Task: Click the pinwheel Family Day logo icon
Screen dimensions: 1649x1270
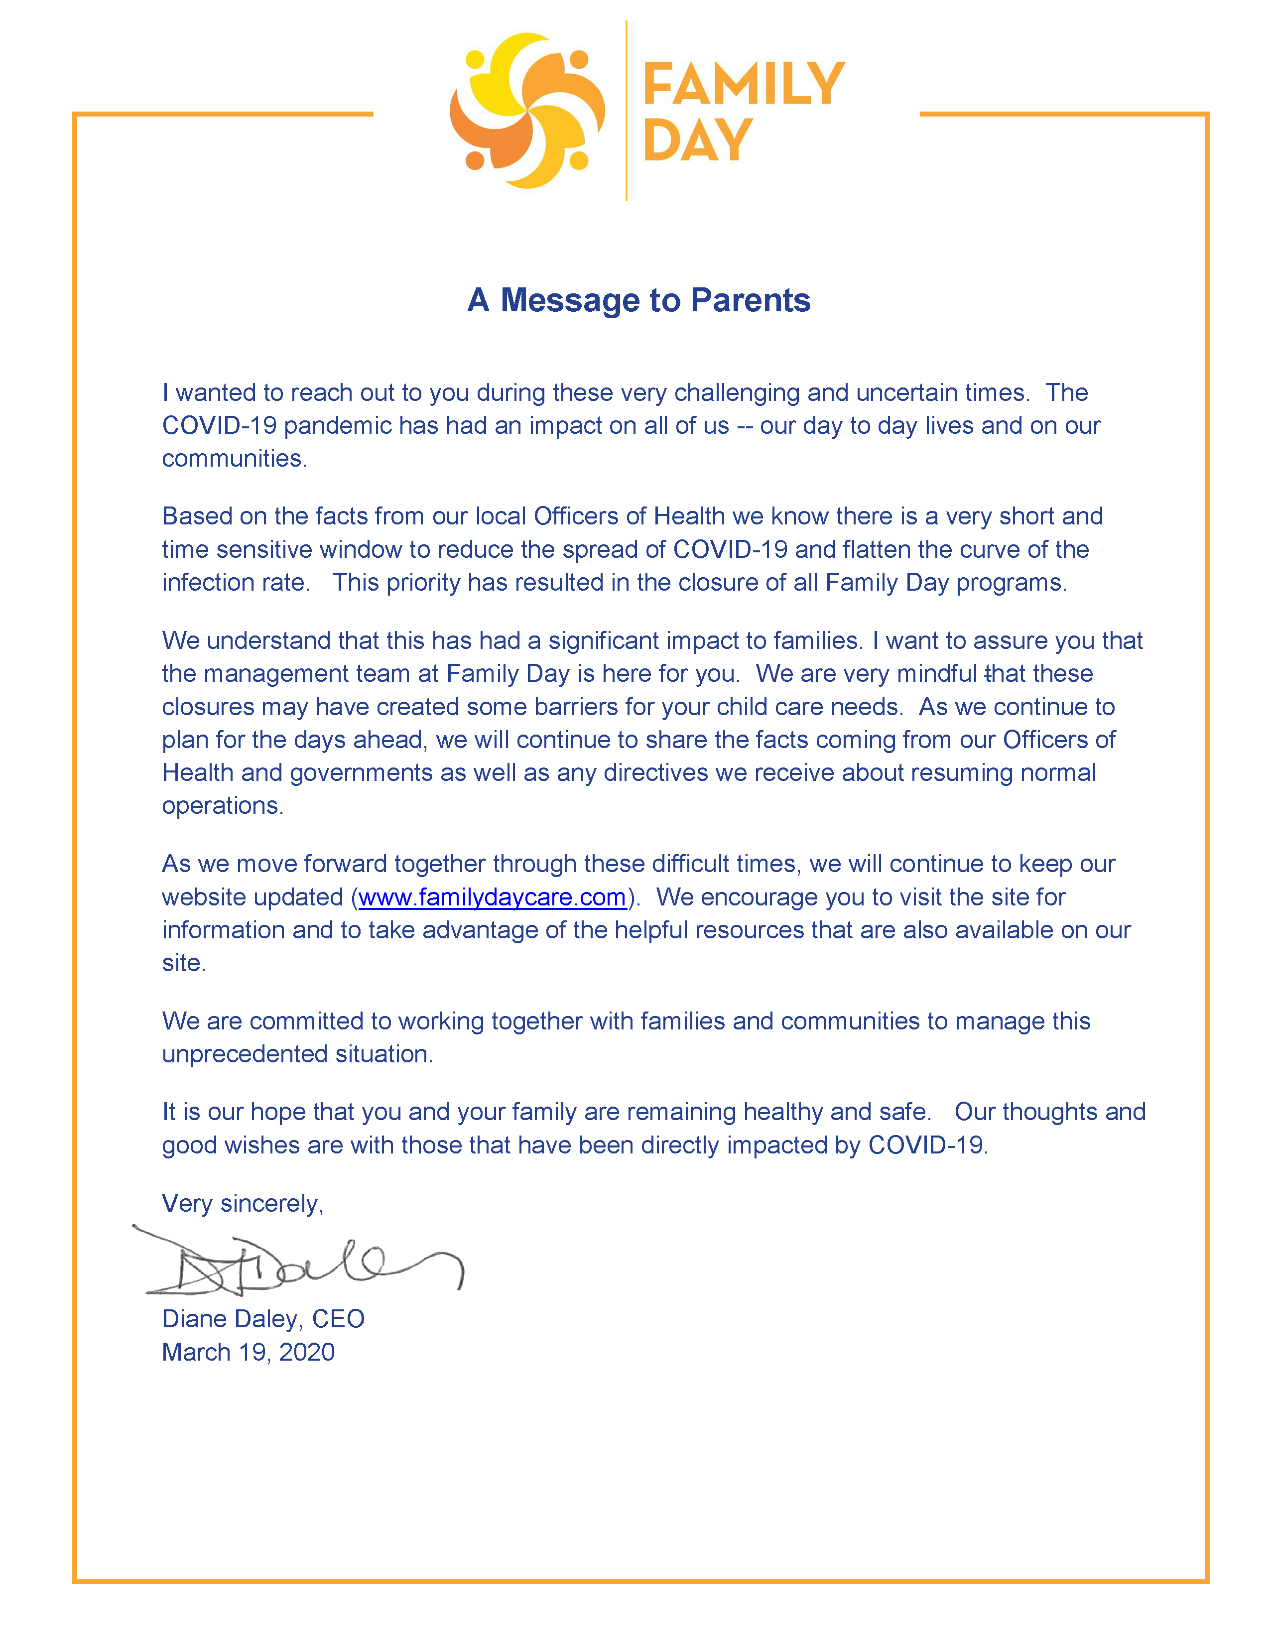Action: tap(527, 111)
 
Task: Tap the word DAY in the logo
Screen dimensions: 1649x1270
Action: tap(698, 140)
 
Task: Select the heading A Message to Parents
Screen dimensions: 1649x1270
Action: tap(638, 300)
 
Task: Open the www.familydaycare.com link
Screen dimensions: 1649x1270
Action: tap(492, 897)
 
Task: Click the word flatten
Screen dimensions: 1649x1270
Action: tap(876, 550)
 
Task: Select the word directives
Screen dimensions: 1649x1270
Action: tap(655, 772)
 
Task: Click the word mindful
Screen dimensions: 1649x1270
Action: tap(937, 673)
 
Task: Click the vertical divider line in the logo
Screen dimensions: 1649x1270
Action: tap(626, 111)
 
